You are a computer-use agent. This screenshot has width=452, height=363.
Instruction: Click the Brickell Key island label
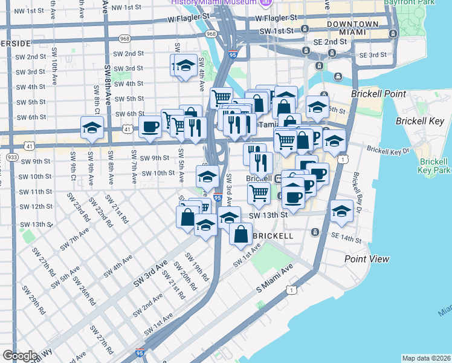tap(419, 121)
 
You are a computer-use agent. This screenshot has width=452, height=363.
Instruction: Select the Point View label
tap(367, 258)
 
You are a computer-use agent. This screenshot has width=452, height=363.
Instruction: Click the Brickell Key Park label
tap(433, 166)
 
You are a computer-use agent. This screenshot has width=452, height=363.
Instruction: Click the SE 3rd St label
tap(373, 55)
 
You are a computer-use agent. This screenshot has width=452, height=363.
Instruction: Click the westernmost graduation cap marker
tap(92, 128)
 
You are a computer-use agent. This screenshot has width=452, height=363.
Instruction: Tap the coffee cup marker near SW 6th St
tap(150, 126)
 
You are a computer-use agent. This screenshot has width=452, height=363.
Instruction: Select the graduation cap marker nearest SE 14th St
tap(341, 211)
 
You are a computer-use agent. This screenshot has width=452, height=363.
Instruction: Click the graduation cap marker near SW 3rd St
tap(186, 65)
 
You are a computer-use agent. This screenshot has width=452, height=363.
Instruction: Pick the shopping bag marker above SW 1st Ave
tap(241, 234)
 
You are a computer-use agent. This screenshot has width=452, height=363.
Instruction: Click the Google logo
tap(19, 356)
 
